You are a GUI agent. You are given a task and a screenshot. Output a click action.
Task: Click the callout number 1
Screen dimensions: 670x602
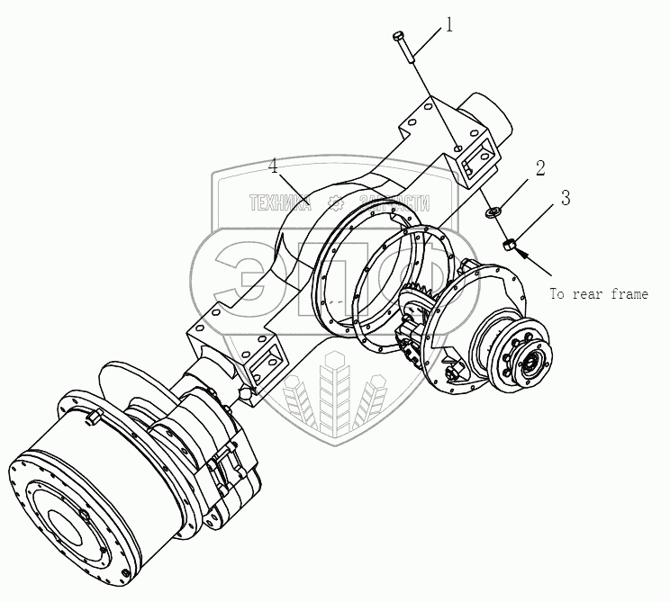449,24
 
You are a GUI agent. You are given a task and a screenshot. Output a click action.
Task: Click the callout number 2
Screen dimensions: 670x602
539,167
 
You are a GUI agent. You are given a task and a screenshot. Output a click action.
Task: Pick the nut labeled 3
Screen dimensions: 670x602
509,242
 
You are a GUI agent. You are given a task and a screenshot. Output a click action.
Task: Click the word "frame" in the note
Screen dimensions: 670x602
624,294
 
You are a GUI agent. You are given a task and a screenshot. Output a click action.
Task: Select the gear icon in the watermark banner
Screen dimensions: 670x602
336,202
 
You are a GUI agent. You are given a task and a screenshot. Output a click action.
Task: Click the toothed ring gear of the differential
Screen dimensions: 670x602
422,297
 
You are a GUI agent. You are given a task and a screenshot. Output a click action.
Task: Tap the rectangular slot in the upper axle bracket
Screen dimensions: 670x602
471,163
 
